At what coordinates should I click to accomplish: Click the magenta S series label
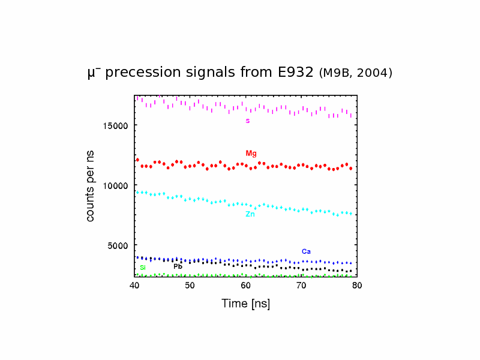point(247,121)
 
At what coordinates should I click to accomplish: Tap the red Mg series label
point(251,154)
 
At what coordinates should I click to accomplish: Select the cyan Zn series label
point(250,214)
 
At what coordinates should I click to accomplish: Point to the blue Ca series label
point(306,251)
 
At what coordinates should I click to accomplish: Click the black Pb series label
point(178,266)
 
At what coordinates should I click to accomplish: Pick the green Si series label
point(143,268)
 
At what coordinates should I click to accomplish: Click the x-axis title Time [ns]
point(245,304)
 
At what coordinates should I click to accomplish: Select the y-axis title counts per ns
point(91,186)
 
